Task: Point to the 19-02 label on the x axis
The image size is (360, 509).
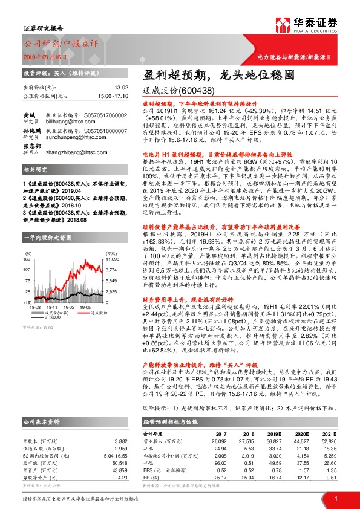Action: click(x=68, y=307)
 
